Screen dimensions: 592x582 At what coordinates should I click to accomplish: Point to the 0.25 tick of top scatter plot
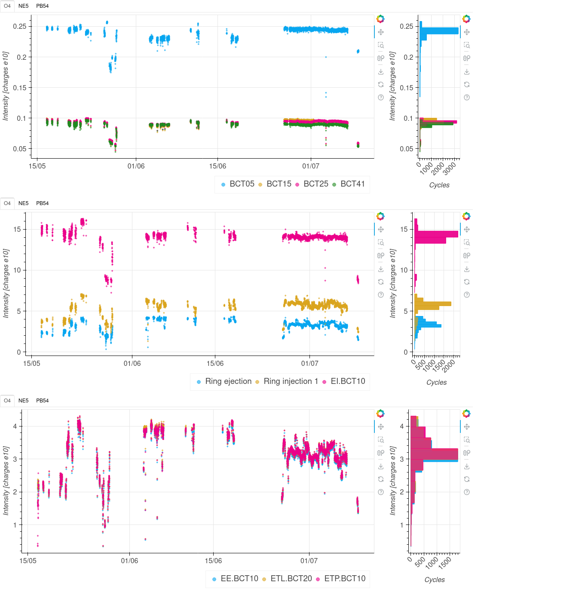coord(20,26)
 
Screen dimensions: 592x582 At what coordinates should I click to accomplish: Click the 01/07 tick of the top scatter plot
coord(311,166)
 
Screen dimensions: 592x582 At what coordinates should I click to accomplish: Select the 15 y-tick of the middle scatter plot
coord(17,229)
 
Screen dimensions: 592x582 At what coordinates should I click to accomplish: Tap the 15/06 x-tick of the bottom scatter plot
coord(213,561)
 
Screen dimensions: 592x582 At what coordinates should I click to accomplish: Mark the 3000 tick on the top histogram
coord(450,168)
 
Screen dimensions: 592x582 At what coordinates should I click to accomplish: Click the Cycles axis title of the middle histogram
coord(436,382)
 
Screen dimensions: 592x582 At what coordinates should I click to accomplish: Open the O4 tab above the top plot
coord(7,6)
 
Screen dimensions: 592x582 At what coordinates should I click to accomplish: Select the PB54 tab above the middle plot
coord(42,203)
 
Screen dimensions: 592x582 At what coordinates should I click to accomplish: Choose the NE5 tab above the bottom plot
coord(24,401)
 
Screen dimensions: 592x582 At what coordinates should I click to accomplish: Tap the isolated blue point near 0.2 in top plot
coord(326,57)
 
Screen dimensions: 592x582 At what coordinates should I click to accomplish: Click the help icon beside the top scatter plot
coord(381,98)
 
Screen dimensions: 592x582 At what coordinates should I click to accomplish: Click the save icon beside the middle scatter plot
coord(381,269)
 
